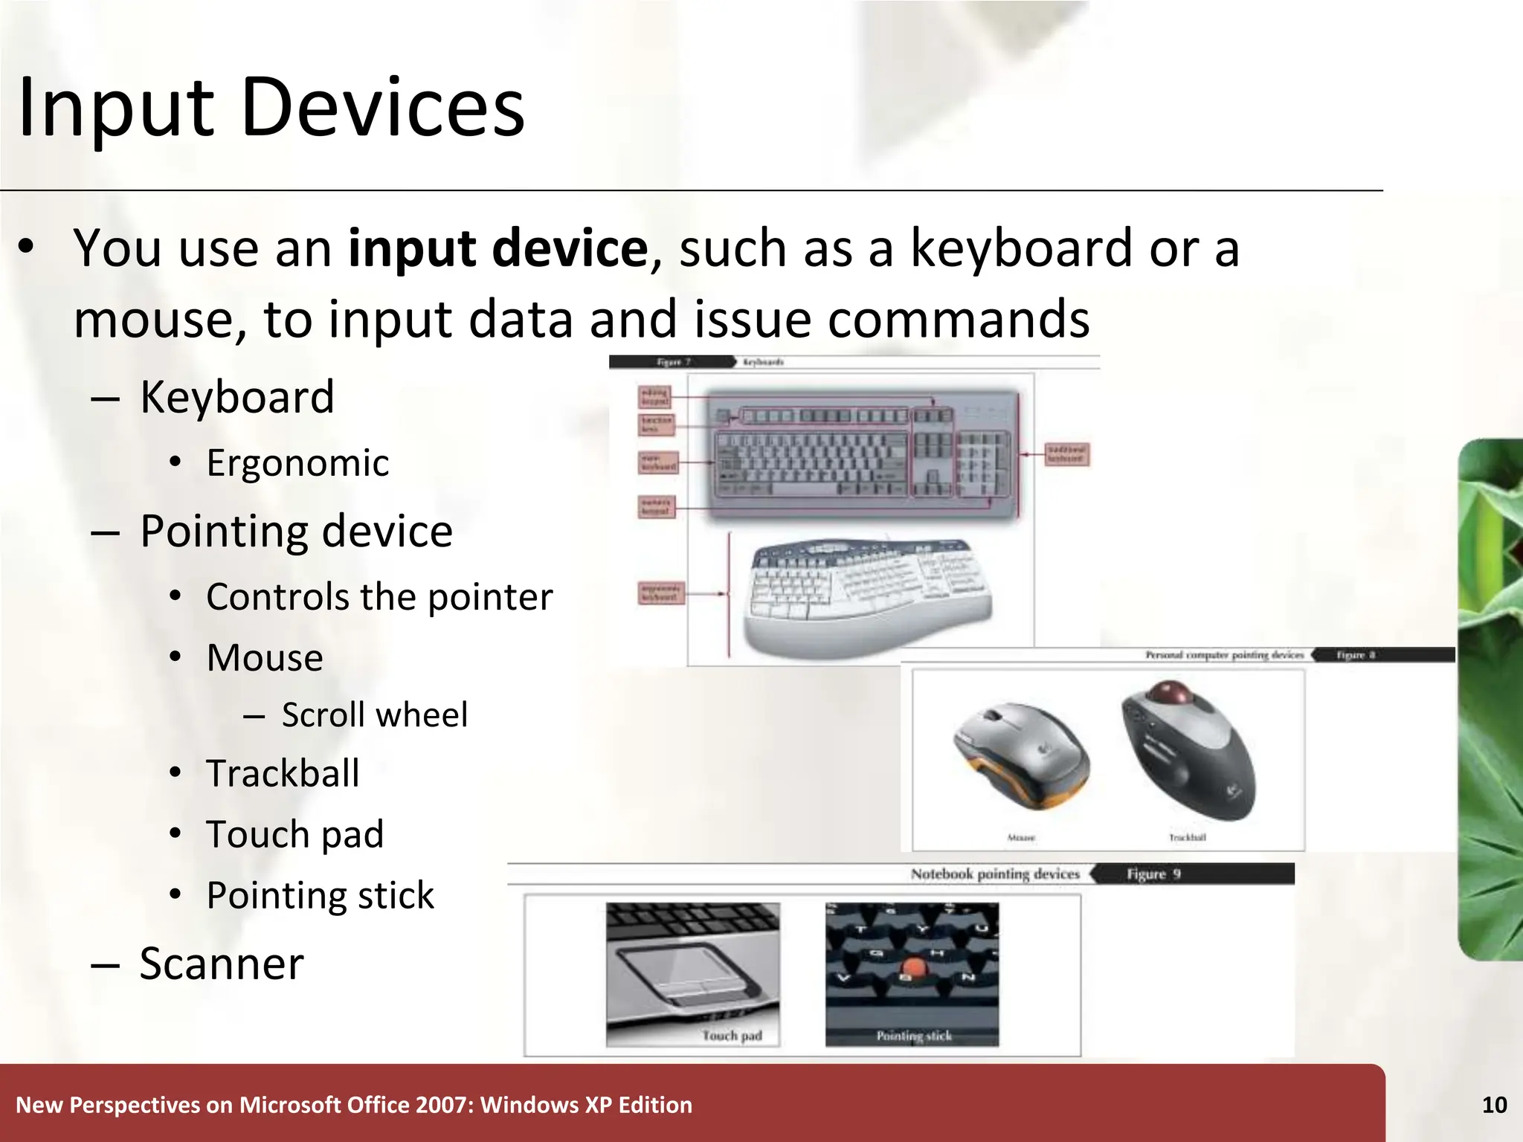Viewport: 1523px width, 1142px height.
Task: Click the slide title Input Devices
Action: click(271, 108)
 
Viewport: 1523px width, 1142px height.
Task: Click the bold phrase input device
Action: click(498, 248)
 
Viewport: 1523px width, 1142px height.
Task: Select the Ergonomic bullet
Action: click(297, 463)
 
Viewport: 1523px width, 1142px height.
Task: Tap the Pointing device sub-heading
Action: click(296, 532)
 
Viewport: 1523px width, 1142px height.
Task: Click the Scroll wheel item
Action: click(374, 715)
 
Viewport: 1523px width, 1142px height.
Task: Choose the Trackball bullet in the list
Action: click(283, 773)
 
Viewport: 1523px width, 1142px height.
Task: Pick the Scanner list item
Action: click(222, 964)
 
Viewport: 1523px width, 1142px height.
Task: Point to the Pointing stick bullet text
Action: click(320, 895)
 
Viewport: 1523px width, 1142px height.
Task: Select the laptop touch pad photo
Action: click(692, 974)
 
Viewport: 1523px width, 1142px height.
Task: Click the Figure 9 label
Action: click(1153, 874)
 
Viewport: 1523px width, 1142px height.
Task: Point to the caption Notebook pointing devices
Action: click(994, 874)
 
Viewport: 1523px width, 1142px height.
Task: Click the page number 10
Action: click(1494, 1106)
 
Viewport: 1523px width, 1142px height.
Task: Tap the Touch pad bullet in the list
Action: click(294, 834)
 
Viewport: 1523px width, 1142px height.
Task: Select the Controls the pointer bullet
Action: click(379, 597)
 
